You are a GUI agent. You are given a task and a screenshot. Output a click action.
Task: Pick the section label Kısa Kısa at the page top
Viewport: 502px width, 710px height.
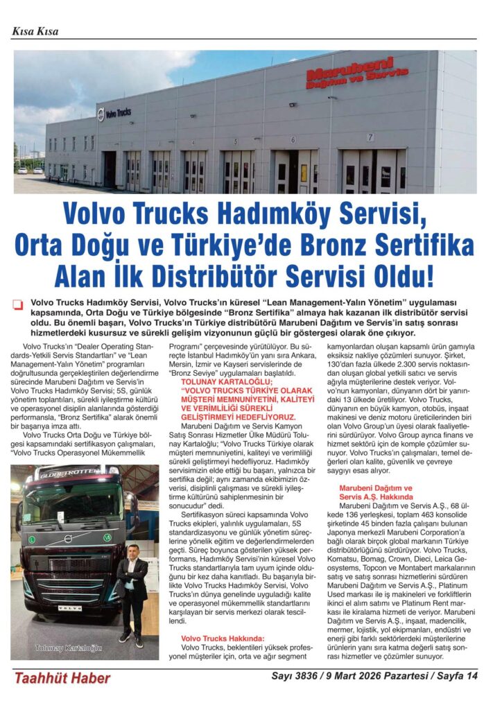click(x=35, y=31)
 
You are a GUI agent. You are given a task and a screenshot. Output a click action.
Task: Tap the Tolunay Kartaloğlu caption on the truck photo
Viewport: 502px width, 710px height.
click(x=69, y=648)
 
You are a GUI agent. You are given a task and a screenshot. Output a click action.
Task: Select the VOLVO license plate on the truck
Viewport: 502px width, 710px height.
click(x=67, y=607)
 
